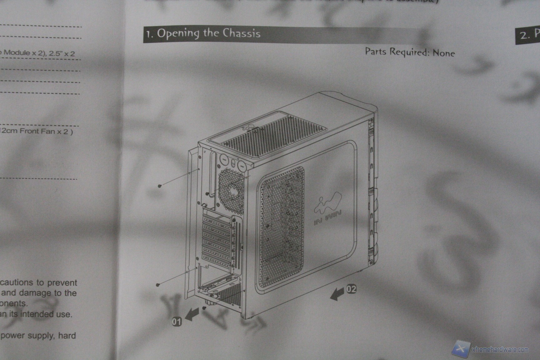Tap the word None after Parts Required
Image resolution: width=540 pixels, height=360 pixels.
tap(443, 53)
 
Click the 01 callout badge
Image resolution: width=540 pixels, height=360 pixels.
tap(177, 321)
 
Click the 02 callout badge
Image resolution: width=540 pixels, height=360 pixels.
tap(351, 289)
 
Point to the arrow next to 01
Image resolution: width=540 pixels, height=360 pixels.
tap(192, 314)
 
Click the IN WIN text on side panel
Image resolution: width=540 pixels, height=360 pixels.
tap(327, 217)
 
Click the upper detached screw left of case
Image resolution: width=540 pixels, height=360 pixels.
tap(160, 186)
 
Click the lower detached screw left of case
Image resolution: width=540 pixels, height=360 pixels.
tap(158, 285)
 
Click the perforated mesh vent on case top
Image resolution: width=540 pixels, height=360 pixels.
tap(269, 134)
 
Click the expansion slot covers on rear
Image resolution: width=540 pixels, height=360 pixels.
tap(217, 241)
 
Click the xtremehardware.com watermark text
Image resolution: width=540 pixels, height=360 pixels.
tap(500, 349)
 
